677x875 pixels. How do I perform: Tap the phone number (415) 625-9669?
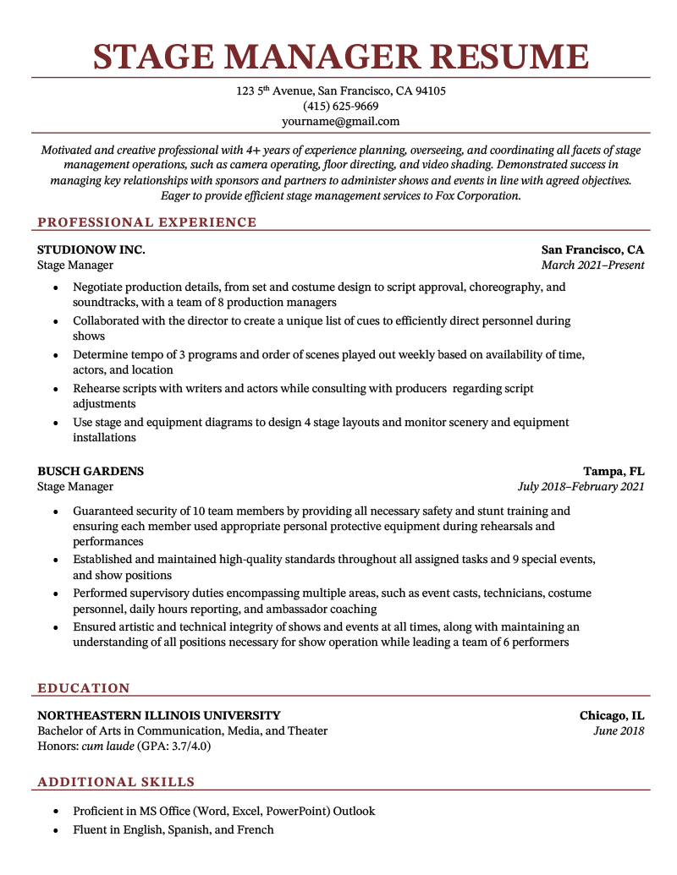click(x=340, y=107)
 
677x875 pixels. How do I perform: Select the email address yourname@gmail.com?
click(x=340, y=122)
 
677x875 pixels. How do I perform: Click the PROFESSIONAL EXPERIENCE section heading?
click(x=146, y=222)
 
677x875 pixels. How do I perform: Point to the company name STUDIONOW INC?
click(x=91, y=249)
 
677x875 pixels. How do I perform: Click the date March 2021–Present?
click(x=592, y=265)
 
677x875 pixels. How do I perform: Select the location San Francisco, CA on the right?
click(x=592, y=249)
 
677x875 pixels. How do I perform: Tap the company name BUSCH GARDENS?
click(x=91, y=471)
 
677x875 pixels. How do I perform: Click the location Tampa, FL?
click(x=614, y=471)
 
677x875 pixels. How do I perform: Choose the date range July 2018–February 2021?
click(x=581, y=486)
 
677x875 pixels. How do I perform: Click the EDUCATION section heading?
click(x=84, y=688)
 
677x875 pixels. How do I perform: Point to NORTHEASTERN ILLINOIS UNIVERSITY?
click(x=159, y=715)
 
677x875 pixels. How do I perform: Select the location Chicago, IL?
click(x=612, y=715)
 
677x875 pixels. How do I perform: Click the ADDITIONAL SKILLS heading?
click(x=116, y=782)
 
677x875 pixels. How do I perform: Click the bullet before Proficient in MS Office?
click(x=56, y=811)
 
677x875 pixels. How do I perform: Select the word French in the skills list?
click(x=256, y=829)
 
